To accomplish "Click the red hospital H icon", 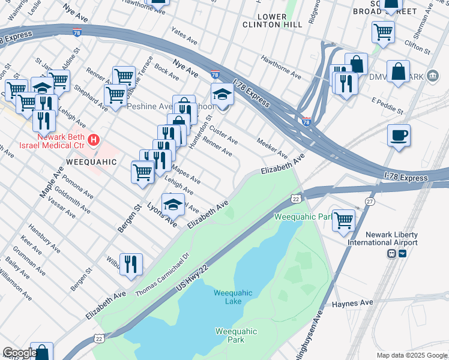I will [94, 141].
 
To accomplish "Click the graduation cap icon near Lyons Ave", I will [173, 204].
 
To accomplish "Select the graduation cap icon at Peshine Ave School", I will [222, 94].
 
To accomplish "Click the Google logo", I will [19, 353].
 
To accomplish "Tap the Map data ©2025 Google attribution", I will [411, 355].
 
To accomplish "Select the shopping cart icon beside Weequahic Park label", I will [343, 220].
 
